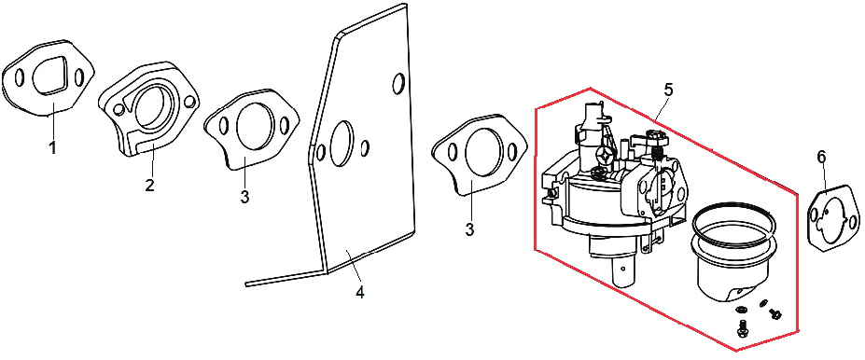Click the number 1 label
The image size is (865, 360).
pos(53,147)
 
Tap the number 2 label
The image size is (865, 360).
pos(149,185)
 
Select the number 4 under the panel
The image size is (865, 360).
pos(359,292)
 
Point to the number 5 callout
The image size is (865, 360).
pos(668,90)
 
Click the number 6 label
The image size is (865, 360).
pos(821,158)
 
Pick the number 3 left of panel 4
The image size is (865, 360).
pos(244,196)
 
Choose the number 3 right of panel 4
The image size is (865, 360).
pos(470,229)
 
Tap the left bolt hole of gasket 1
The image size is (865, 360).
pos(19,77)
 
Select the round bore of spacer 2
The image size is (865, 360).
pos(154,107)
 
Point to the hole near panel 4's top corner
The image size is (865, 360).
pos(398,83)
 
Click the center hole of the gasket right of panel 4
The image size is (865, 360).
pos(484,156)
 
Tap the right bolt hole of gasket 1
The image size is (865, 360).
pos(78,76)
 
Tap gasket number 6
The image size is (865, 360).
pos(833,221)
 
